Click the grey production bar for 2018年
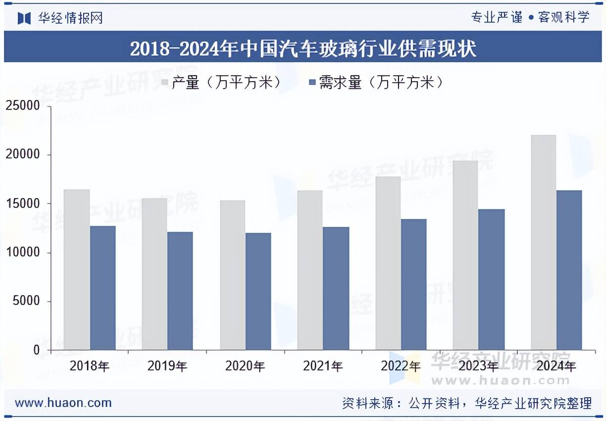(77, 270)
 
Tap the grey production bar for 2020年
(232, 275)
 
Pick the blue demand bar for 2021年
(336, 289)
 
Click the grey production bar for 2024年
(543, 243)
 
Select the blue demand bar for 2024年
(569, 270)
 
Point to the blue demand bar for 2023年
(491, 280)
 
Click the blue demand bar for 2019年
(180, 291)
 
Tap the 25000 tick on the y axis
(22, 106)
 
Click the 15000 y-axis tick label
(22, 204)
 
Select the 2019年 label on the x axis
(167, 367)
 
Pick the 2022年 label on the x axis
(401, 367)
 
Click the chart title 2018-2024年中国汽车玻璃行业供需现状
(303, 49)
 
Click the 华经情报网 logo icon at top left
(24, 18)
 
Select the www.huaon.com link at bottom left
(63, 403)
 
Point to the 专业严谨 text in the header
(497, 17)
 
